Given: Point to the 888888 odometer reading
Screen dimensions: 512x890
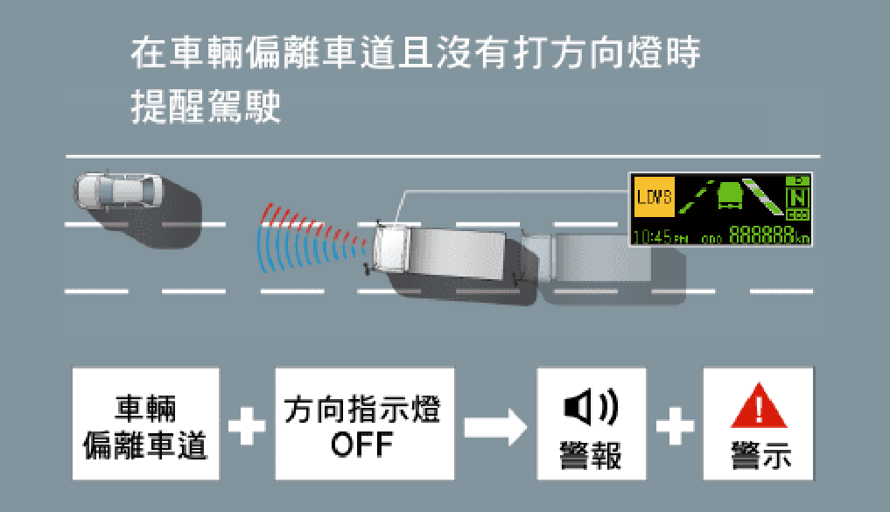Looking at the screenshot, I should tap(761, 235).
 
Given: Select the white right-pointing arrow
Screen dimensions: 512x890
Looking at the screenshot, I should tap(494, 426).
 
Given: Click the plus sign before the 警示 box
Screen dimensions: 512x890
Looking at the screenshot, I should tap(675, 426).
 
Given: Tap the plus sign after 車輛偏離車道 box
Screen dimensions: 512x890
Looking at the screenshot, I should tap(248, 426).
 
